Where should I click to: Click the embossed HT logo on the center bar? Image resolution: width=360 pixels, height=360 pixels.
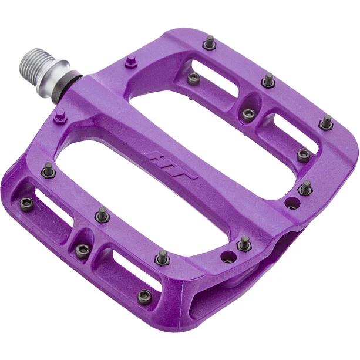[x=170, y=164]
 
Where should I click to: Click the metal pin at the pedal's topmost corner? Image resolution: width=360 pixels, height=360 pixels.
[x=210, y=42]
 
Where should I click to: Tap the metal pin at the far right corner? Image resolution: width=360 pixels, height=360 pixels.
[x=326, y=122]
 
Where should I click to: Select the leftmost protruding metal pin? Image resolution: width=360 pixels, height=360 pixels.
[x=48, y=170]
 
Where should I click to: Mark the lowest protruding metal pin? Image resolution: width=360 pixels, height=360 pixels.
[x=163, y=258]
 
